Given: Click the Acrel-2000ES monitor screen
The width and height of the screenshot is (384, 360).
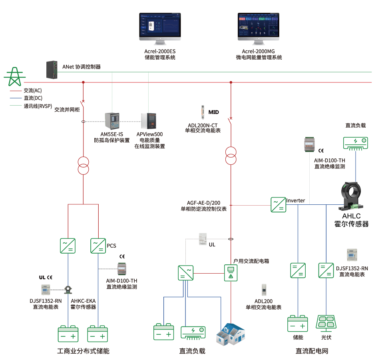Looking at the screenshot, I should tap(159, 26).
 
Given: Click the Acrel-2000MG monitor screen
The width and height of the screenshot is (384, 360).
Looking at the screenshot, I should tap(258, 26).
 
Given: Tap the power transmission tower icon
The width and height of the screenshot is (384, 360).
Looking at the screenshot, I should tap(15, 76).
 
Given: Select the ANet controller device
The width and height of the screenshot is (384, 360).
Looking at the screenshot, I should tap(52, 69).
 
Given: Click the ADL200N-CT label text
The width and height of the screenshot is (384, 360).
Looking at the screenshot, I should tap(203, 125).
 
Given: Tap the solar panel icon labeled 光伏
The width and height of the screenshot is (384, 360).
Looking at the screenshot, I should tap(326, 322).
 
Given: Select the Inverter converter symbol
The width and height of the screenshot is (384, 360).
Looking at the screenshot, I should tap(278, 204).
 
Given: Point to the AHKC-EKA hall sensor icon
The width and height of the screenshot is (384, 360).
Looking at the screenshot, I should tap(68, 289).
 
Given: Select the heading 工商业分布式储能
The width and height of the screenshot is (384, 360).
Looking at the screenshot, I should tap(83, 351).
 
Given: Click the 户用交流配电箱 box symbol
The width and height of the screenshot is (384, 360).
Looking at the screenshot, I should tap(231, 272).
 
